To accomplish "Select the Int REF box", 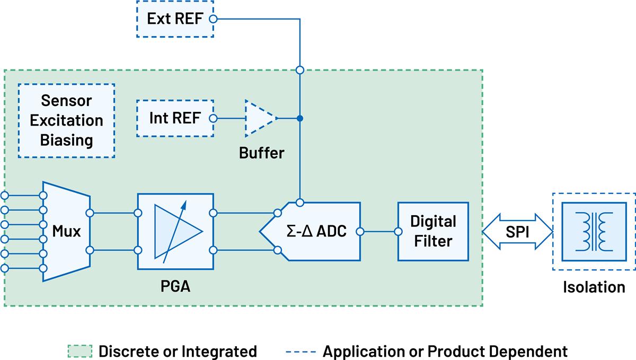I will [x=174, y=118].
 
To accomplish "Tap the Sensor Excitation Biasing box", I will [x=66, y=120].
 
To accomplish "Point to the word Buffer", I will [x=261, y=154].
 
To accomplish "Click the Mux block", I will [x=66, y=231].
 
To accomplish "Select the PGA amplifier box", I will [x=175, y=231].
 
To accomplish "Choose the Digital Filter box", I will [x=434, y=231].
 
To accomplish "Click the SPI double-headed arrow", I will [x=517, y=231].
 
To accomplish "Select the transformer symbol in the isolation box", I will [x=594, y=231].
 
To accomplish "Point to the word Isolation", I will [x=594, y=287].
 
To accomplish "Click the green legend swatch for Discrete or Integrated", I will [x=80, y=351].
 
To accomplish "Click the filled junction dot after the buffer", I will [x=300, y=118].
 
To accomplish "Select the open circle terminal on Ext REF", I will [x=213, y=20].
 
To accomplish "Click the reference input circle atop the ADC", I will [x=300, y=202].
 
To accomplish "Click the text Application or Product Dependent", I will [x=445, y=351].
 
